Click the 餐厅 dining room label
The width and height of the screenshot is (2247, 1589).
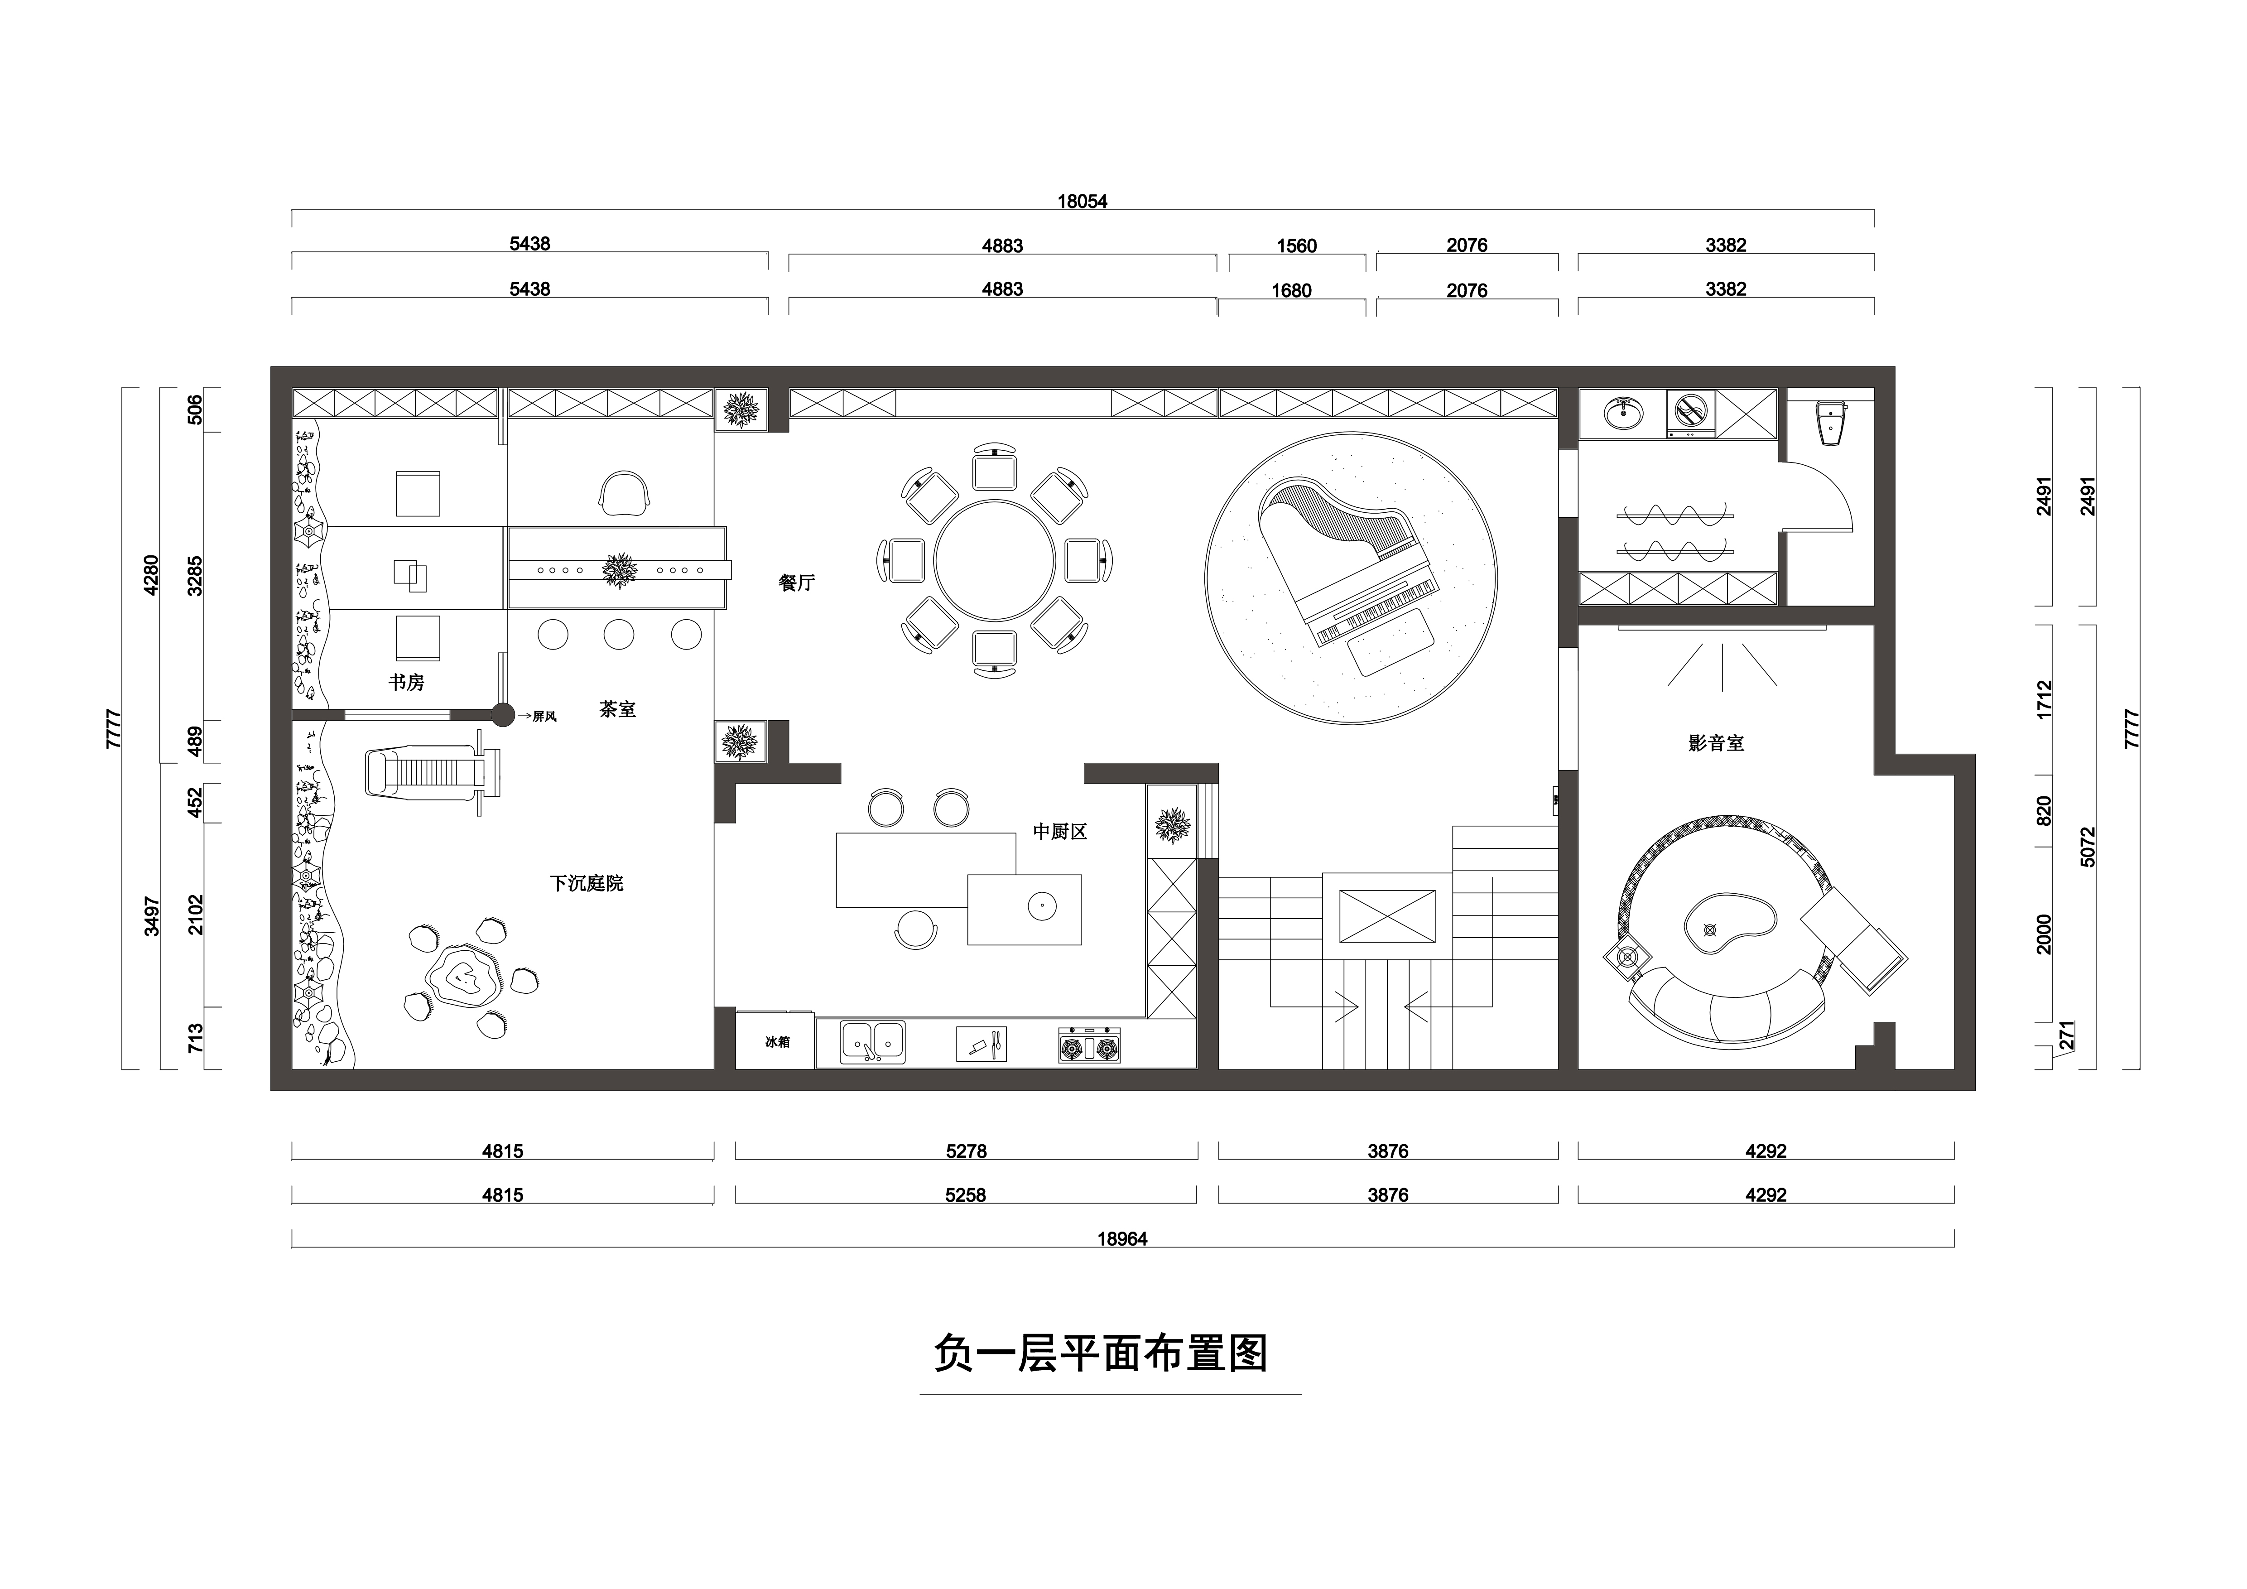[x=797, y=583]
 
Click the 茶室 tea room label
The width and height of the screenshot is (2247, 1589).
[x=617, y=709]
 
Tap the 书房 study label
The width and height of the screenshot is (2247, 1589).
[x=406, y=682]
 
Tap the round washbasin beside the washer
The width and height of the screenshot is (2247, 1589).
[x=1625, y=413]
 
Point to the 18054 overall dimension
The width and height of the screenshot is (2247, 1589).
[x=1083, y=202]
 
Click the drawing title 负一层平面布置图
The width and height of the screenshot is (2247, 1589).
[x=1101, y=1354]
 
